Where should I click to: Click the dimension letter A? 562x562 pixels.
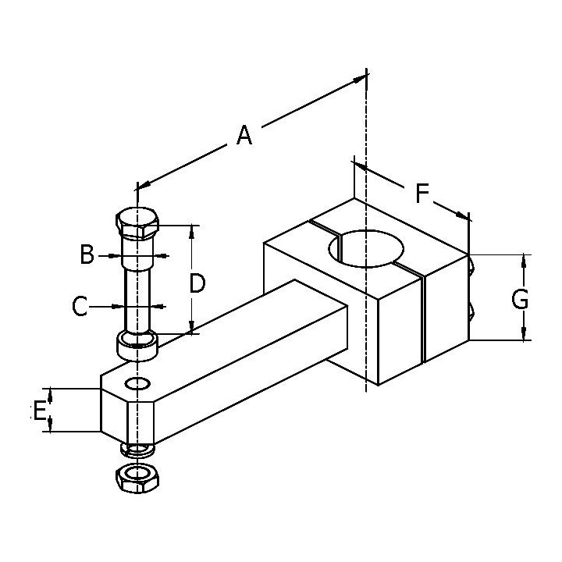[244, 136]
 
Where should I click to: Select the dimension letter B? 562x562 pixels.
[87, 254]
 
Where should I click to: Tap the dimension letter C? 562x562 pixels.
[80, 307]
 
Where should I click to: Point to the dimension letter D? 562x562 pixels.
[197, 283]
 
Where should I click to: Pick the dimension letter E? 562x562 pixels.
[38, 410]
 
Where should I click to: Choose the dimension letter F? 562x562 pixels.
[422, 193]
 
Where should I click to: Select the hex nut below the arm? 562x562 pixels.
[137, 476]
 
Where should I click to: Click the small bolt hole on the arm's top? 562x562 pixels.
[138, 384]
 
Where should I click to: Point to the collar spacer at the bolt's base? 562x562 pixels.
[137, 344]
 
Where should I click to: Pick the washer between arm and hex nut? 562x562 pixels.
[138, 450]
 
